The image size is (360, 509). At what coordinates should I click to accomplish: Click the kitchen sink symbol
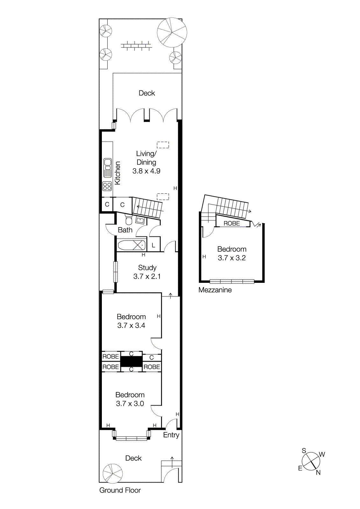tap(107, 168)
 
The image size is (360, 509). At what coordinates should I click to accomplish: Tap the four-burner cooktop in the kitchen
tap(107, 186)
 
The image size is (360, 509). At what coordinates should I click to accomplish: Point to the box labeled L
tap(153, 245)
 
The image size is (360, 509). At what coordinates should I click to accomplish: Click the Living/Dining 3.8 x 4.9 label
tap(146, 162)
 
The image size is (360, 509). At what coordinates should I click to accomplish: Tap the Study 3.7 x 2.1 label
tap(147, 272)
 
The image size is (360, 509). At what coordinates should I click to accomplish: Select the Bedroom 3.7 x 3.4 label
tap(131, 321)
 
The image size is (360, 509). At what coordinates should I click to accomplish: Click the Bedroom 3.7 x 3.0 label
tap(130, 399)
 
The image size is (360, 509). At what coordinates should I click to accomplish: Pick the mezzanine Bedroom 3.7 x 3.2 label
tap(232, 254)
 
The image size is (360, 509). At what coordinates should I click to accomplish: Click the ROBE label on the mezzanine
tap(231, 223)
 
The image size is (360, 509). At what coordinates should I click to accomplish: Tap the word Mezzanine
tap(215, 290)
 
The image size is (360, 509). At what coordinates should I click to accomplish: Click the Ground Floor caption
tap(120, 490)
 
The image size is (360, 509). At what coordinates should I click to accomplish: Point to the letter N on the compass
tap(318, 473)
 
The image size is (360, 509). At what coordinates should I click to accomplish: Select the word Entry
tap(171, 435)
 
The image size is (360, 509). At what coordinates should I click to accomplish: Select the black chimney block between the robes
tap(131, 362)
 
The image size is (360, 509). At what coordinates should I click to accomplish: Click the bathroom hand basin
tap(140, 220)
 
